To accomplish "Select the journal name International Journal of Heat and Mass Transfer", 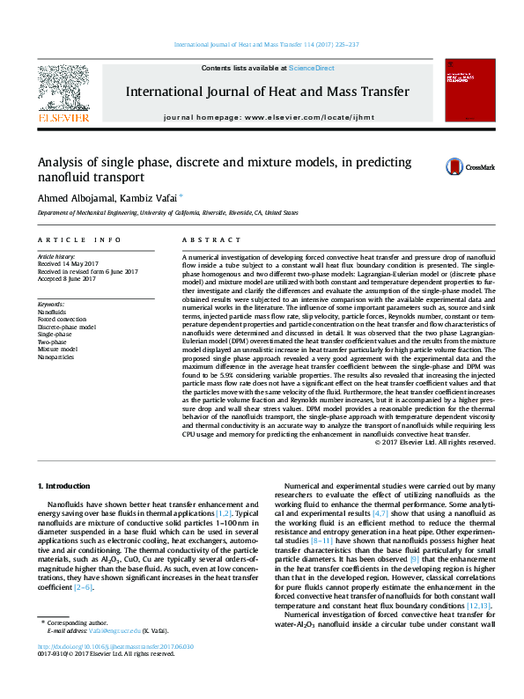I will (x=268, y=92).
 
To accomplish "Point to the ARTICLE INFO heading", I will (x=79, y=239).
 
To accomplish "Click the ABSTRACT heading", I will (x=207, y=239).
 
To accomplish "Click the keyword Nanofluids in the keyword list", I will (x=51, y=313).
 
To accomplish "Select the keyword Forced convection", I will (x=62, y=320).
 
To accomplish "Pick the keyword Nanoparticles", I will (x=55, y=357).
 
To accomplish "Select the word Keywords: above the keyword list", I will (x=52, y=304).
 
